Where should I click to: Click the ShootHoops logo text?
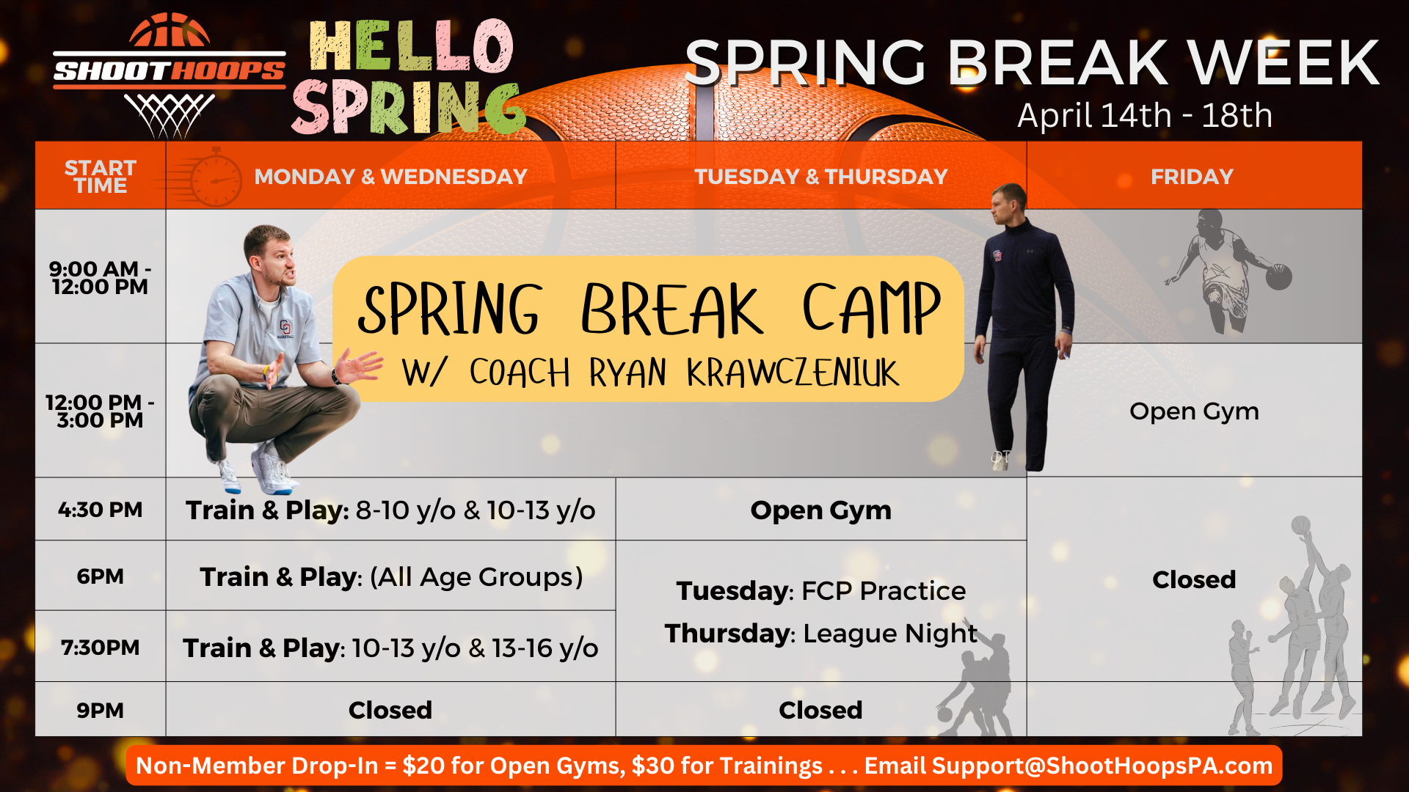(169, 71)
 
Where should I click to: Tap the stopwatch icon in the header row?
(214, 177)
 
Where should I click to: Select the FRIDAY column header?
(1192, 177)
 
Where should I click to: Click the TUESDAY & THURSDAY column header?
(821, 177)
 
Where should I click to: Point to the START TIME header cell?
(101, 177)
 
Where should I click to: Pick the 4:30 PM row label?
(101, 510)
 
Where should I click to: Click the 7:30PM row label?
(101, 648)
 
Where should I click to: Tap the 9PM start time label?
(101, 711)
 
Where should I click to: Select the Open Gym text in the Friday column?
(1194, 412)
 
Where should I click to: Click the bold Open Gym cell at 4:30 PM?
(820, 510)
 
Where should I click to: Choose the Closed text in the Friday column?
(1194, 579)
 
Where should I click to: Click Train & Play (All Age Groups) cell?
(391, 577)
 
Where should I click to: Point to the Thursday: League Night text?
(821, 634)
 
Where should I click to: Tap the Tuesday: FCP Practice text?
(821, 590)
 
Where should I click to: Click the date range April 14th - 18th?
(1145, 115)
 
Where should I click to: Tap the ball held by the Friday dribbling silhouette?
(1278, 277)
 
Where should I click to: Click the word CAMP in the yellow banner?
(871, 309)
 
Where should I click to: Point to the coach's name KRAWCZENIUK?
(793, 373)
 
